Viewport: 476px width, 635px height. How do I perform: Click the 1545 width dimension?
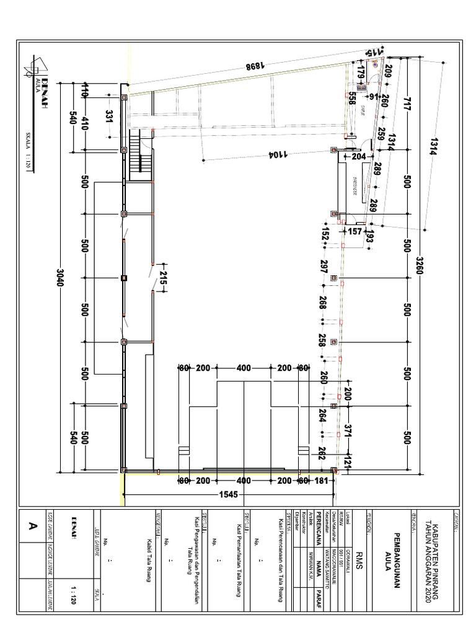pos(229,495)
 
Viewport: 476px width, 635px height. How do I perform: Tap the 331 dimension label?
pos(109,117)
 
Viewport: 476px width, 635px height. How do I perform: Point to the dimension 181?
pos(320,481)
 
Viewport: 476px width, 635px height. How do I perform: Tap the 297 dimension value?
pos(324,267)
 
